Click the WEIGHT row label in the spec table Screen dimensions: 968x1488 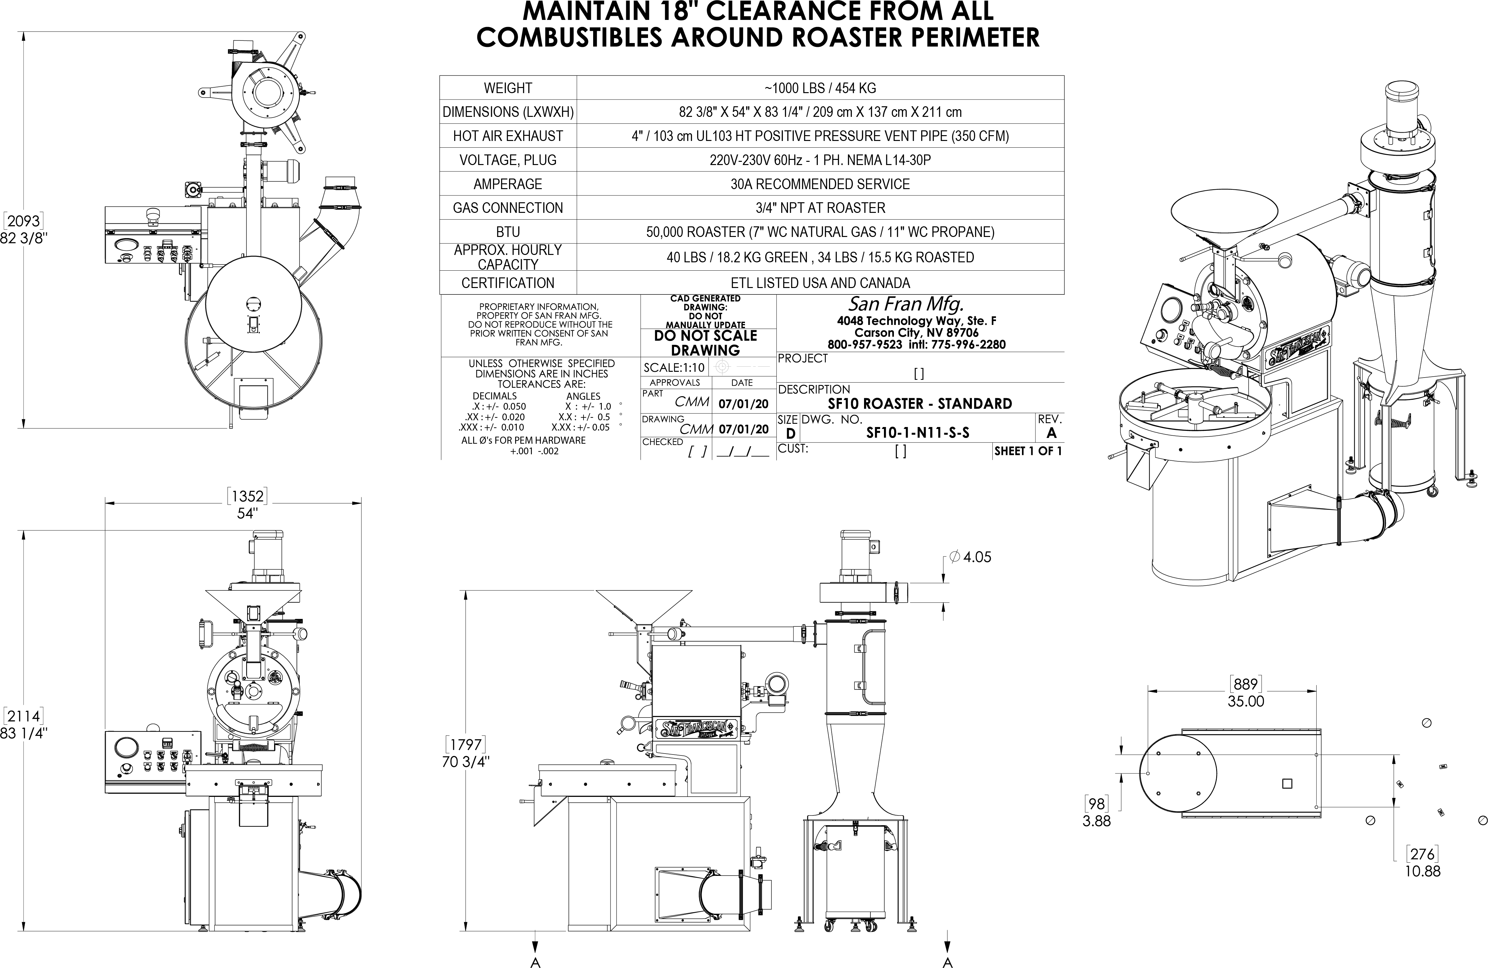508,88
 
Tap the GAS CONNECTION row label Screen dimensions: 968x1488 508,208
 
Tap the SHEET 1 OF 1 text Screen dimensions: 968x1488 1028,451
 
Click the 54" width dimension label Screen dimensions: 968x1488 247,513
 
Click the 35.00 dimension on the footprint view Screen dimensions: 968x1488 1245,701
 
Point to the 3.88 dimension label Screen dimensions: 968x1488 1097,821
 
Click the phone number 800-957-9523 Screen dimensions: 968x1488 865,344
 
